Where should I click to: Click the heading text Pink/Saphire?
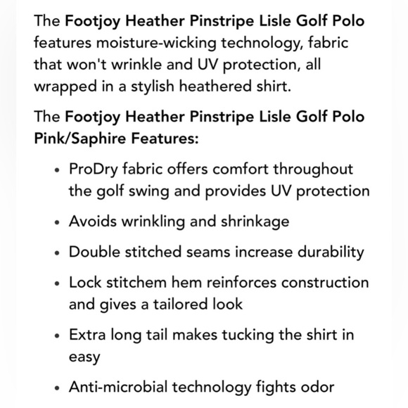77,138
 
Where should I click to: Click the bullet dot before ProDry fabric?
57,171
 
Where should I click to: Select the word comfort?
237,170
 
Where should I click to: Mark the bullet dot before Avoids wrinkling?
57,222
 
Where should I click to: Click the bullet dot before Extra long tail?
57,335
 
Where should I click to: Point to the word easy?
84,356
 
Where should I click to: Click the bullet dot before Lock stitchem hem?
57,283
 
